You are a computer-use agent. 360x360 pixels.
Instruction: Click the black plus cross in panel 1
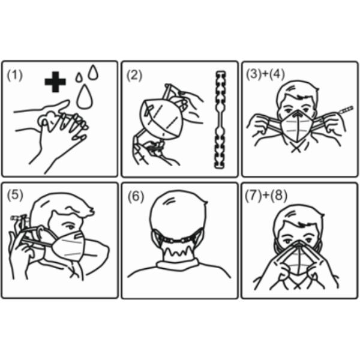pos(55,82)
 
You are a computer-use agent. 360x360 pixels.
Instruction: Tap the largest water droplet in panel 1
pos(85,97)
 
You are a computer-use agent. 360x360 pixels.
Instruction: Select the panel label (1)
pos(14,76)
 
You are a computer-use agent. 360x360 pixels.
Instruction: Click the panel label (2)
pos(134,76)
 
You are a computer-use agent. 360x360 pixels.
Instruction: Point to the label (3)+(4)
pos(265,74)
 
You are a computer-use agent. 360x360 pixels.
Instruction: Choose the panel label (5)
pos(15,195)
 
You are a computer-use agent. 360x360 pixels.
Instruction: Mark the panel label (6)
pos(136,197)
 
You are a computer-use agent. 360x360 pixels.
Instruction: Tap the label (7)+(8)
pos(266,196)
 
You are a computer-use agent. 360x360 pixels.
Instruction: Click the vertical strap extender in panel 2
pos(220,119)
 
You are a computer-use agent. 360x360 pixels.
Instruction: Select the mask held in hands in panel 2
pos(161,119)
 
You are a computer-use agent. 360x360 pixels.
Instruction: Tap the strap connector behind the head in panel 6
pos(176,241)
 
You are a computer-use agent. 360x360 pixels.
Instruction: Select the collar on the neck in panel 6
pos(178,265)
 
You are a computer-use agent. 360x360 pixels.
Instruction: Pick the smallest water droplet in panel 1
pos(79,77)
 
